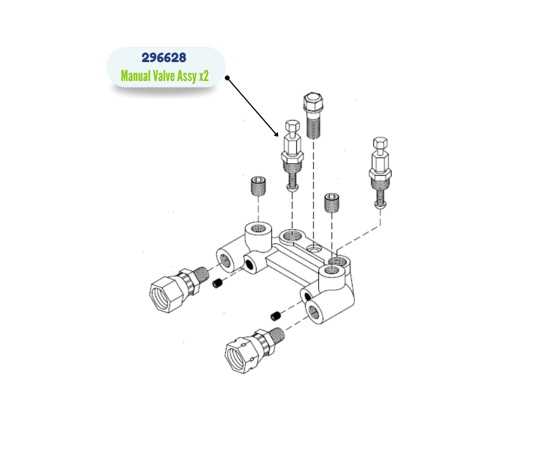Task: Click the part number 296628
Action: point(164,58)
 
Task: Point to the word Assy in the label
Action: point(187,76)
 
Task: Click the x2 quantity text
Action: point(204,76)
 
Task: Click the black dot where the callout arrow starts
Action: point(227,78)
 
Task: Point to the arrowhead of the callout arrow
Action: point(277,134)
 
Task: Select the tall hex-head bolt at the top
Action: point(313,116)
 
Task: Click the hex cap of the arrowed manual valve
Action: point(292,125)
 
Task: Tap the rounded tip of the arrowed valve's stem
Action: point(292,188)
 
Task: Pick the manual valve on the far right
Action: point(380,173)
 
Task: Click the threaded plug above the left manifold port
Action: point(258,186)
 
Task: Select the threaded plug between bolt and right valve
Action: point(332,203)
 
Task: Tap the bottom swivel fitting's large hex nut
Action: point(241,355)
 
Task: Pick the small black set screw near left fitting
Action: point(217,283)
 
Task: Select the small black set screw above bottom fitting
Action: point(276,316)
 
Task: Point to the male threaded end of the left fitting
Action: point(202,275)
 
